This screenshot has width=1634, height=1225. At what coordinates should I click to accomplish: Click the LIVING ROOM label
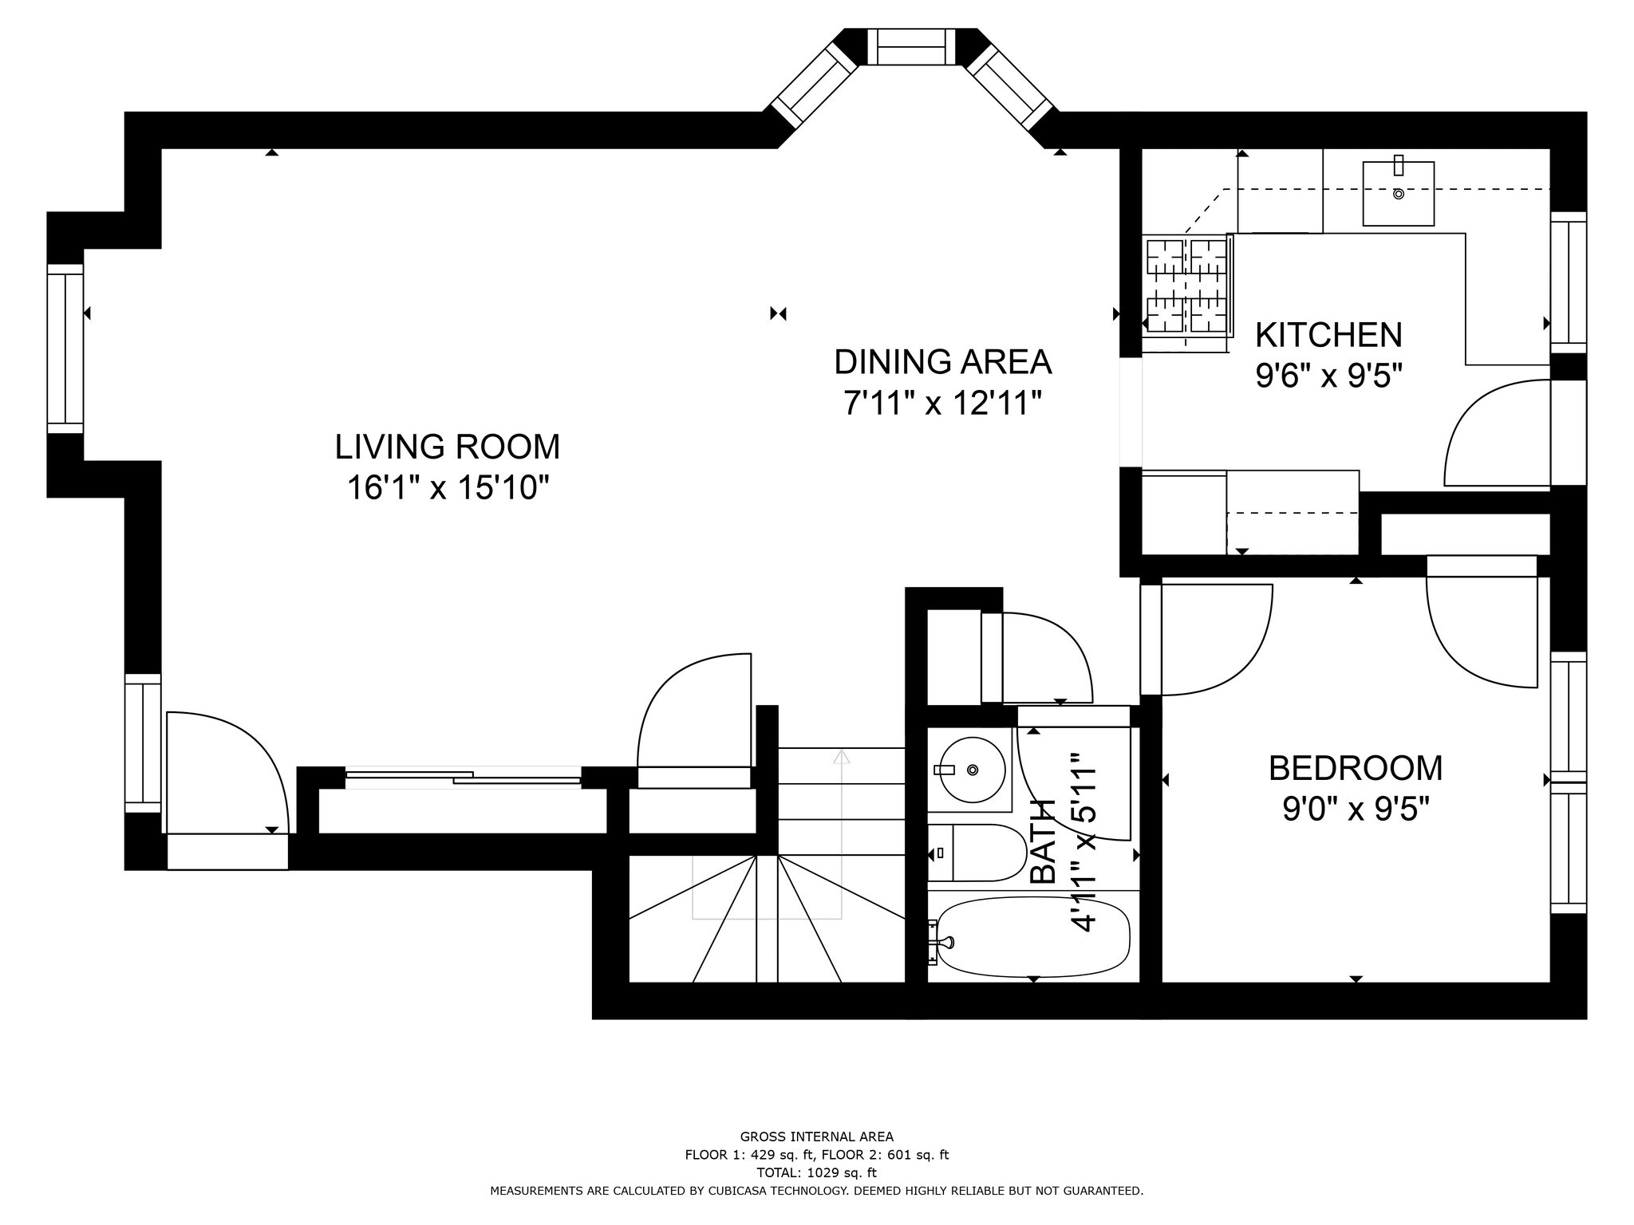(x=447, y=447)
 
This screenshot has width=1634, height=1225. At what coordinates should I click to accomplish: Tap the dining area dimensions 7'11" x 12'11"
(x=942, y=404)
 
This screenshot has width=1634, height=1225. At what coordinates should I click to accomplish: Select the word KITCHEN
(x=1328, y=335)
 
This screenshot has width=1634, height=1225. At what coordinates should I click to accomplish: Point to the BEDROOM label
(x=1356, y=769)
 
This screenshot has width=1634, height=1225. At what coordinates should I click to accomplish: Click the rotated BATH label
(x=1043, y=841)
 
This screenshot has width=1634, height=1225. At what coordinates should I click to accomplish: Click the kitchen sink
(x=1398, y=194)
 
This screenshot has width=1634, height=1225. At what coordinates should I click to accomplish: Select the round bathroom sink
(x=970, y=770)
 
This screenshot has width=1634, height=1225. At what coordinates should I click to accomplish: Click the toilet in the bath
(x=977, y=853)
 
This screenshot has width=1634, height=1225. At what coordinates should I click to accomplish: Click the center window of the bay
(x=911, y=47)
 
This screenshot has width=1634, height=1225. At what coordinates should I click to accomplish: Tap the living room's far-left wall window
(x=65, y=349)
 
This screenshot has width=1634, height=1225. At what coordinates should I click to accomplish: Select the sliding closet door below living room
(x=463, y=778)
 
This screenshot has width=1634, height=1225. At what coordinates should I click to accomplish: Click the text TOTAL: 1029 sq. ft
(x=816, y=1173)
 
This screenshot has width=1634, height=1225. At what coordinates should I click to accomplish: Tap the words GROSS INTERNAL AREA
(x=816, y=1137)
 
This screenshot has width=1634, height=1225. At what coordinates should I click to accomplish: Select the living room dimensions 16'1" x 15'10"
(x=448, y=488)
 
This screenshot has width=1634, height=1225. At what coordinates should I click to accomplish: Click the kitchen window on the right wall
(x=1568, y=282)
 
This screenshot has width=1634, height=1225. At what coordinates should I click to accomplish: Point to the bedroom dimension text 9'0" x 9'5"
(x=1356, y=810)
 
